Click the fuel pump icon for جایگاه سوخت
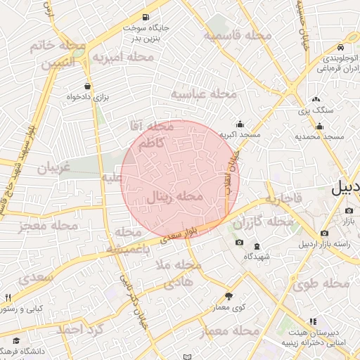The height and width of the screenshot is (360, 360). click(146, 17)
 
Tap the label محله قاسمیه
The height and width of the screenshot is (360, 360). click(238, 34)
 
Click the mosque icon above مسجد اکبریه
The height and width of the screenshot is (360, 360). click(240, 123)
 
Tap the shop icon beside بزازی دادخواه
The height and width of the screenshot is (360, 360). click(86, 86)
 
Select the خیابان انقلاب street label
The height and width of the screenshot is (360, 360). click(233, 169)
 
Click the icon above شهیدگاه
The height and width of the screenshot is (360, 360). click(256, 246)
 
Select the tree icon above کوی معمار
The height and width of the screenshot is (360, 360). click(229, 296)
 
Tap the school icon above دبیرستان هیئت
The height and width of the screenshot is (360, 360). click(313, 322)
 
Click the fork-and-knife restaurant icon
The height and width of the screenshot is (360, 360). click(8, 297)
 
